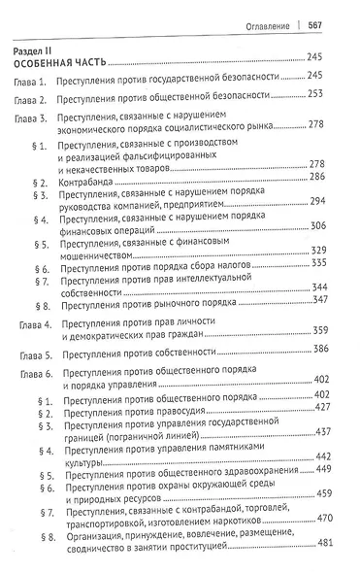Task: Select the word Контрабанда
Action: click(x=92, y=181)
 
